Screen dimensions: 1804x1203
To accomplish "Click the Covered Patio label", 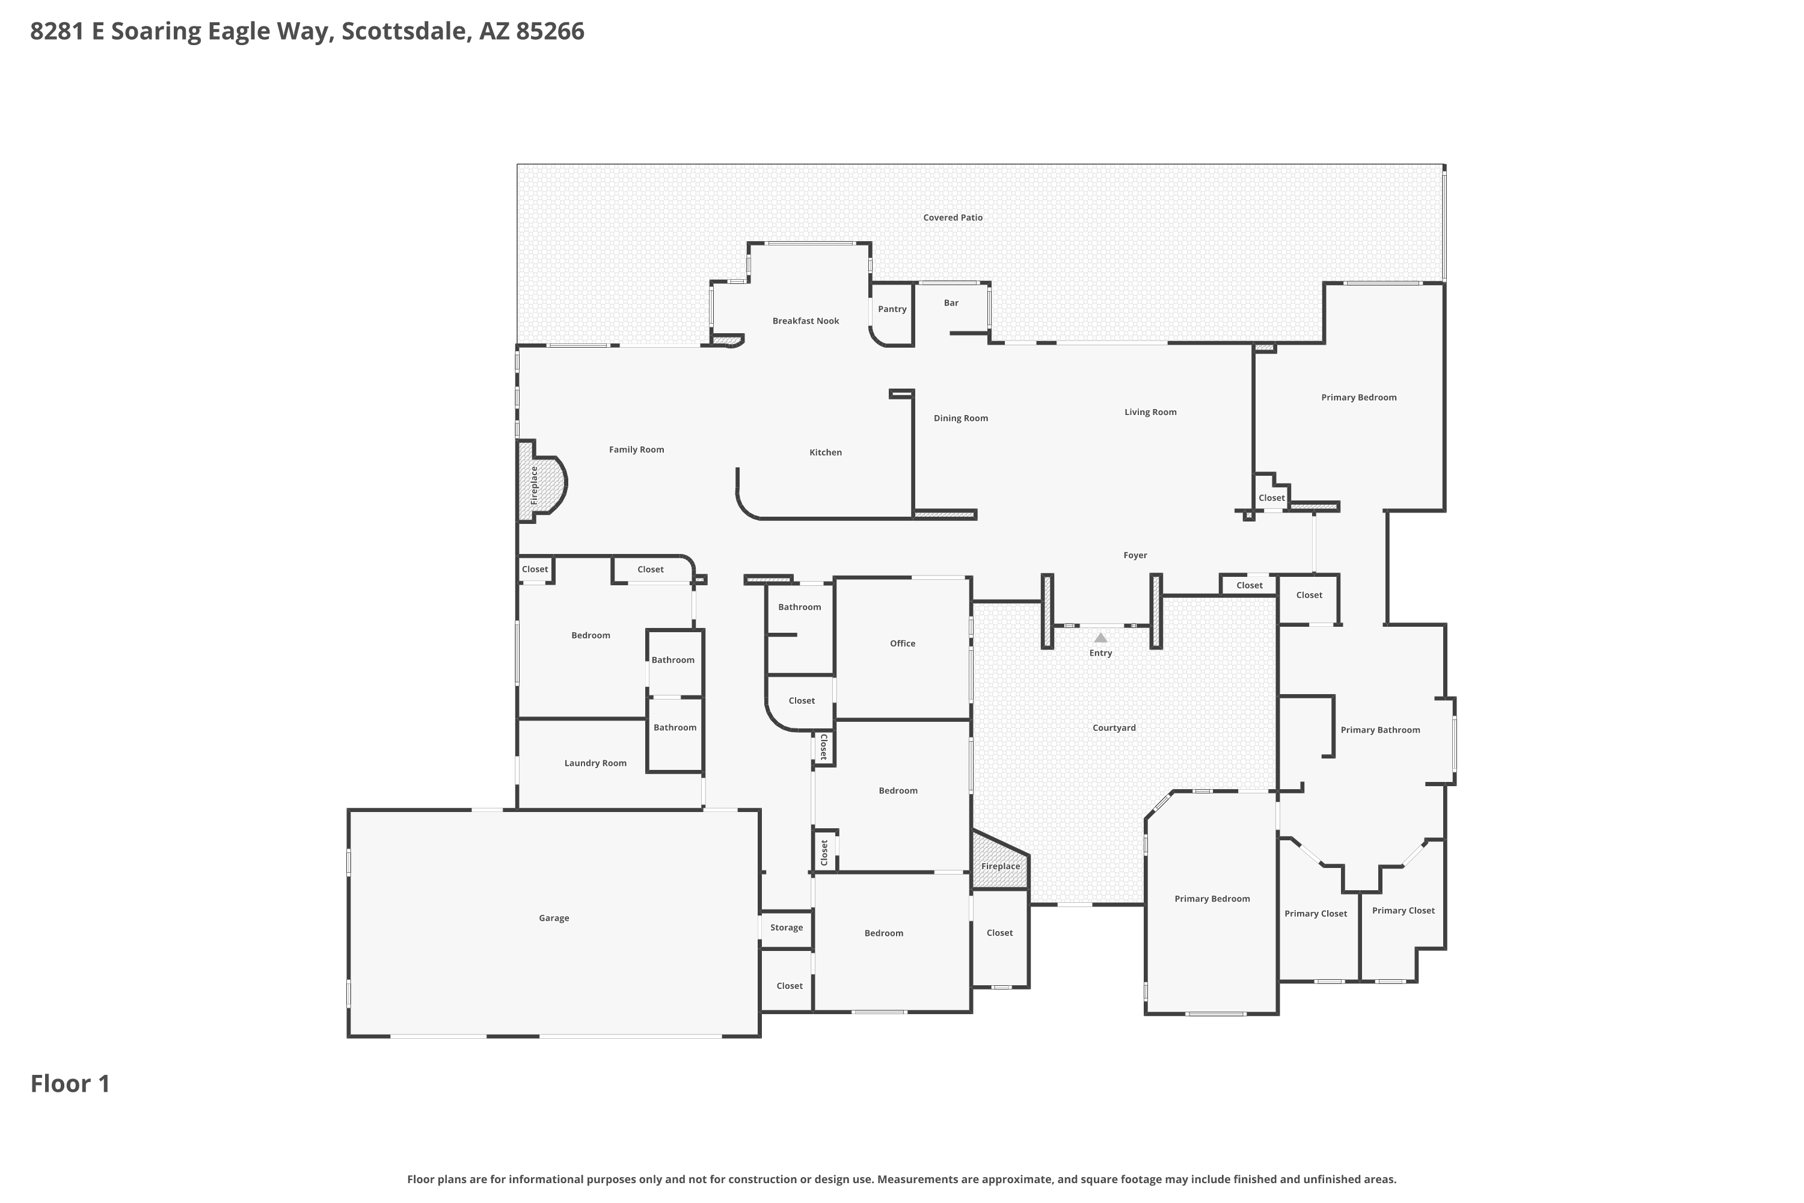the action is [953, 217].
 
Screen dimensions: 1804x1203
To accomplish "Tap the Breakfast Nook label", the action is [805, 321].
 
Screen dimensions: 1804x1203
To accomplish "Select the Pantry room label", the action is [892, 309].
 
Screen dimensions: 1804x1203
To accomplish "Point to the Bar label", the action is [951, 303].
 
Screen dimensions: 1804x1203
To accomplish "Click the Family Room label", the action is [637, 449].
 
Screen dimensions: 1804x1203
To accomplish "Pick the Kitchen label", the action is [825, 453].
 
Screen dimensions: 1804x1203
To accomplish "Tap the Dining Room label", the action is [960, 418].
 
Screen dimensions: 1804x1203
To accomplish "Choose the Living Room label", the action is [1150, 412].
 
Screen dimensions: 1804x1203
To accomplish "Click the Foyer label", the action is [1135, 555].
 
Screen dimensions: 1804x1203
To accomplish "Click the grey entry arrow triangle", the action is [1100, 638].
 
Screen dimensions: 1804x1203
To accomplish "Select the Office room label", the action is [903, 644].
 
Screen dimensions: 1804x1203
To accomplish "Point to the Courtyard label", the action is [1114, 728].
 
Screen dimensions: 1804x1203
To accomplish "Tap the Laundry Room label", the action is [595, 763].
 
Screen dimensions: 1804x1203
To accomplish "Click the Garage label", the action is [554, 918].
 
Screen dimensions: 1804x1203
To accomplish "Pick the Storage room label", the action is [786, 928].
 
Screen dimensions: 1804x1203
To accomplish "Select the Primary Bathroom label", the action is [1380, 730].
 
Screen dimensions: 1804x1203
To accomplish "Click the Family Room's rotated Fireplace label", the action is [535, 485].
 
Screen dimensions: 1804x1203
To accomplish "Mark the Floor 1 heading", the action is [70, 1083].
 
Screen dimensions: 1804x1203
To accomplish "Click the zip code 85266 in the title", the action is [550, 31].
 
